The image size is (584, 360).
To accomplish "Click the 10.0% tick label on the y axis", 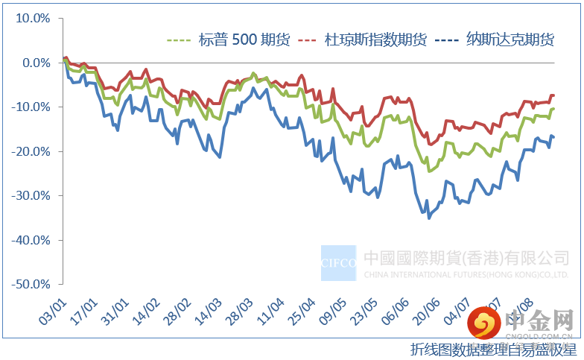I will (32, 19).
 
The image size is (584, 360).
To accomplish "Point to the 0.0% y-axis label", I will (35, 63).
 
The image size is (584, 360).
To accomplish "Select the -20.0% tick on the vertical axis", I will (31, 151).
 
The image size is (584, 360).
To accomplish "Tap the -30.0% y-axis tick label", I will (31, 195).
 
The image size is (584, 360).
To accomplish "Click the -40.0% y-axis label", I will (31, 240).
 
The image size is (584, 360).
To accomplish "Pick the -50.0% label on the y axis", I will (31, 284).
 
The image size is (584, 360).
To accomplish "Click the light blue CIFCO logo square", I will (339, 262).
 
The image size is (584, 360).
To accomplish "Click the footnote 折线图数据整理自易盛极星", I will (492, 348).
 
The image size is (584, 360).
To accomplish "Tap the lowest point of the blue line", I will (429, 218).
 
